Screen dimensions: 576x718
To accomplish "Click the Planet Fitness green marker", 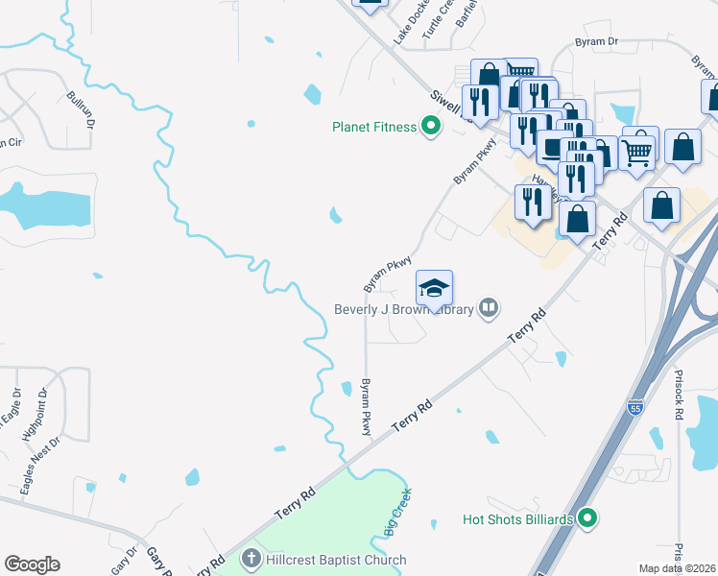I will [431, 126].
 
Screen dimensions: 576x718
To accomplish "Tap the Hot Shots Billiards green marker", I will [588, 519].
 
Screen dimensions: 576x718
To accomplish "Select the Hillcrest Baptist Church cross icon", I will [251, 559].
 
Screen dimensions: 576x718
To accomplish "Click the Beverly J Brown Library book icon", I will [489, 308].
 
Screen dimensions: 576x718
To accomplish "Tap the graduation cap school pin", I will [434, 288].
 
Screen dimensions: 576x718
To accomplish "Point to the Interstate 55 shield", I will [634, 408].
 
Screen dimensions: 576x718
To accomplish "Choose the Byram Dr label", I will [596, 42].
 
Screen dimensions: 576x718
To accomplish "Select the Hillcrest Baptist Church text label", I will [336, 560].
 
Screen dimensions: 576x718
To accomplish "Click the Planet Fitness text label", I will [373, 127].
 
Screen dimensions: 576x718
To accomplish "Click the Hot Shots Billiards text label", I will [517, 519].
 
